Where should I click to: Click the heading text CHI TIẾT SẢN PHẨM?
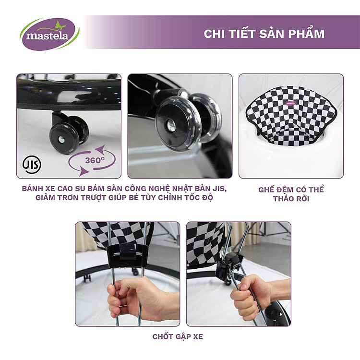click(x=264, y=34)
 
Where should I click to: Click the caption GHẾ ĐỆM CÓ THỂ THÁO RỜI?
click(x=291, y=193)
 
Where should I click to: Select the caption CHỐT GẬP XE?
click(x=178, y=336)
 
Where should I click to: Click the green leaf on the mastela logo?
click(x=61, y=24)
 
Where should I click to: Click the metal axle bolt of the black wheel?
click(x=61, y=140)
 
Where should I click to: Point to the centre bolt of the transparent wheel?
click(x=171, y=125)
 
